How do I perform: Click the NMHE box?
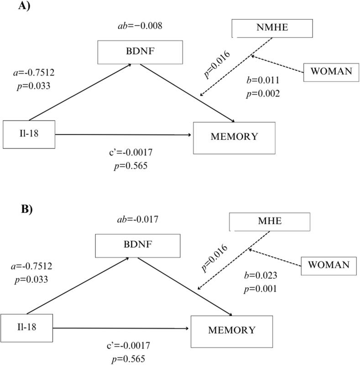[x=272, y=28]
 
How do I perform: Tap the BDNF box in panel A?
[x=140, y=52]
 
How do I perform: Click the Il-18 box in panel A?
[x=29, y=134]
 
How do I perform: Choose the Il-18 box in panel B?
[x=26, y=328]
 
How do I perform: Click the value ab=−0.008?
[x=140, y=26]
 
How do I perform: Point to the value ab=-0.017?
[x=137, y=219]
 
